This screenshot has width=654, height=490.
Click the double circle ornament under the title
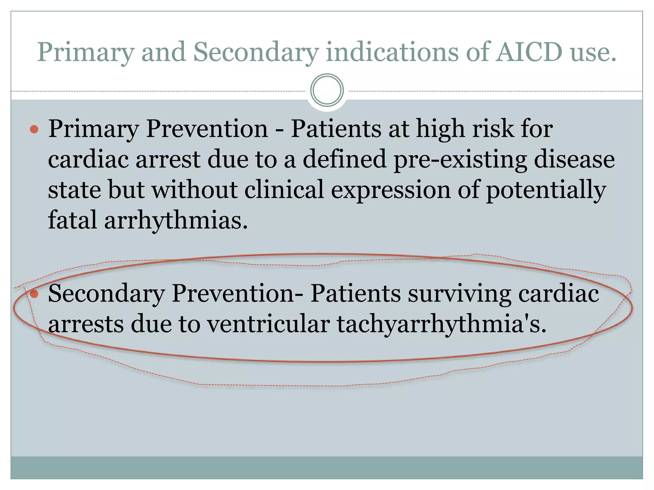coord(327,90)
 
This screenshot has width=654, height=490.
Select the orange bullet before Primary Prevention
coord(34,129)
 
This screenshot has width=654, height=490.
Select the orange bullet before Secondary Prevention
coord(34,294)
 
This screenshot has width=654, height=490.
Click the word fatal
coord(72,220)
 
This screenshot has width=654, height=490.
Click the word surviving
coord(460,294)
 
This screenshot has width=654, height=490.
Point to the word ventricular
coord(269,324)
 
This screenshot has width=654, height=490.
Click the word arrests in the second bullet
coord(86,325)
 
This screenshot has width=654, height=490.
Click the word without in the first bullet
coord(194,190)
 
